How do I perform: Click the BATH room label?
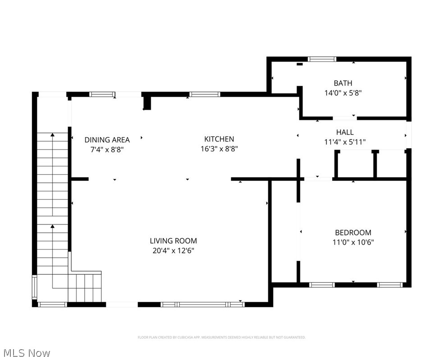tap(343, 83)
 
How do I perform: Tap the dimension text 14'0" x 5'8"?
tap(343, 93)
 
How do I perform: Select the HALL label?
tap(345, 132)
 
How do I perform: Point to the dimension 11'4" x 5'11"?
tap(345, 142)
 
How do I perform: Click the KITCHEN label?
tap(219, 139)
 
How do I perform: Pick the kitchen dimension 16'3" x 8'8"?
tap(219, 148)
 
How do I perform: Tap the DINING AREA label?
tap(107, 140)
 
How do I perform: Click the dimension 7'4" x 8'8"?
tap(107, 149)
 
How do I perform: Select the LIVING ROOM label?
tap(174, 241)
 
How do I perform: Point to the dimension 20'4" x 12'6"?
tap(174, 251)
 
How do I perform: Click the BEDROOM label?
tap(353, 233)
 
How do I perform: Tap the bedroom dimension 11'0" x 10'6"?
tap(353, 242)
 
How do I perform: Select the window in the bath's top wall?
tap(322, 59)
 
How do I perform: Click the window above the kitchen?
tap(205, 94)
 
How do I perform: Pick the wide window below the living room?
tap(203, 305)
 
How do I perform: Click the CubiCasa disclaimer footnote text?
tap(221, 337)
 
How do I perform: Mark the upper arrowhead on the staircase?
tap(53, 134)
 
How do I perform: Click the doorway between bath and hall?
tap(345, 118)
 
